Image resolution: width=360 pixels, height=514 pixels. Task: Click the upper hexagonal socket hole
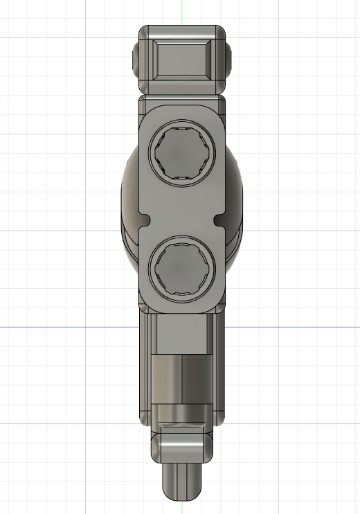pyautogui.click(x=182, y=154)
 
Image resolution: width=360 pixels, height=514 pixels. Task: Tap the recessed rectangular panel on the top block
pyautogui.click(x=183, y=59)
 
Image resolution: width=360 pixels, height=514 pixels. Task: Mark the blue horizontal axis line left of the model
pyautogui.click(x=62, y=326)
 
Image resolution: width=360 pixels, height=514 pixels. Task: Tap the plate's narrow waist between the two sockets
pyautogui.click(x=183, y=220)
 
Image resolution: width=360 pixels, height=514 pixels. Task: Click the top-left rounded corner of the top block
pyautogui.click(x=144, y=31)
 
